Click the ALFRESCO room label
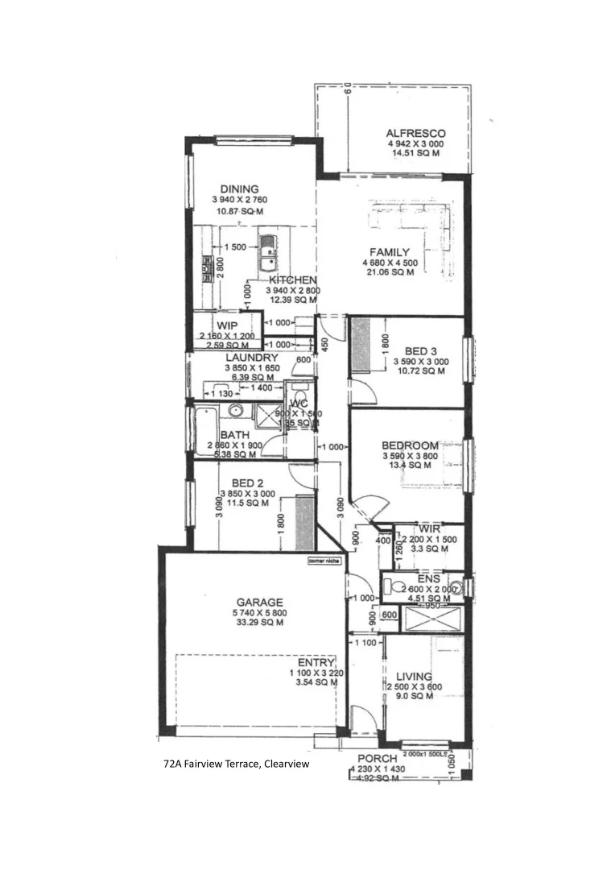415,134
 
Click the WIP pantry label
226,325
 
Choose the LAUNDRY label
252,358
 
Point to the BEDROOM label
410,445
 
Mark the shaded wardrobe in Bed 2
303,523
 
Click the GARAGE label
259,602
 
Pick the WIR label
430,528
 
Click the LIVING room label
414,677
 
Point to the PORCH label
377,759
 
